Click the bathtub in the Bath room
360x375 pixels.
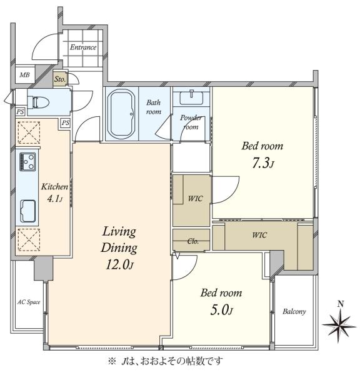pyautogui.click(x=121, y=114)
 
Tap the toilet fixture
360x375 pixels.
pyautogui.click(x=38, y=102)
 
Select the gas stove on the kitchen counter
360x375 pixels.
pyautogui.click(x=27, y=162)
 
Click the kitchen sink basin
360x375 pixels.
pyautogui.click(x=28, y=211)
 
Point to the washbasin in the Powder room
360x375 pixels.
pyautogui.click(x=191, y=97)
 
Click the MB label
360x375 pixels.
pyautogui.click(x=24, y=75)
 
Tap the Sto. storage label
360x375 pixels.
pyautogui.click(x=59, y=79)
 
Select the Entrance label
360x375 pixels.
pyautogui.click(x=83, y=47)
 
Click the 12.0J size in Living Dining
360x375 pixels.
pyautogui.click(x=119, y=264)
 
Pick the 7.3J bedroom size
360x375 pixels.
pyautogui.click(x=263, y=163)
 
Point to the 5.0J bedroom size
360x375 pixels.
pyautogui.click(x=221, y=310)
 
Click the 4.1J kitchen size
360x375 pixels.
pyautogui.click(x=55, y=199)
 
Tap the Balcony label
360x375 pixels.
pyautogui.click(x=294, y=311)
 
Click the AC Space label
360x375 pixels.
pyautogui.click(x=29, y=302)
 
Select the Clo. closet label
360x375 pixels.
pyautogui.click(x=192, y=241)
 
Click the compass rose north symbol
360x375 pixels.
pyautogui.click(x=339, y=326)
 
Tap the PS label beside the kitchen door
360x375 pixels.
pyautogui.click(x=65, y=123)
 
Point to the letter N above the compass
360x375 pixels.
pyautogui.click(x=341, y=304)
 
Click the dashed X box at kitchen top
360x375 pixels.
pyautogui.click(x=29, y=132)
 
